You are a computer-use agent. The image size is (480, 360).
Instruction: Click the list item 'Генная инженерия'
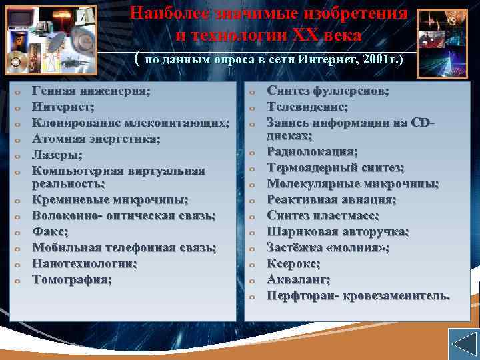point(91,91)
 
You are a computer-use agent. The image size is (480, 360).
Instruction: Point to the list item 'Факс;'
point(50,232)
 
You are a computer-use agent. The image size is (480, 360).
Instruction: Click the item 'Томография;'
point(72,279)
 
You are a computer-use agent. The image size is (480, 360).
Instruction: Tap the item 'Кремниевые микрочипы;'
point(110,200)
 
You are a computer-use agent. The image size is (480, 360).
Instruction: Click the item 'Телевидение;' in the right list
point(307,107)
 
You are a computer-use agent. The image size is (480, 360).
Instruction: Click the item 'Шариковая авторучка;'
point(338,232)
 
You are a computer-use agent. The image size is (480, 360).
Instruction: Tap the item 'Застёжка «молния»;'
point(328,247)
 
